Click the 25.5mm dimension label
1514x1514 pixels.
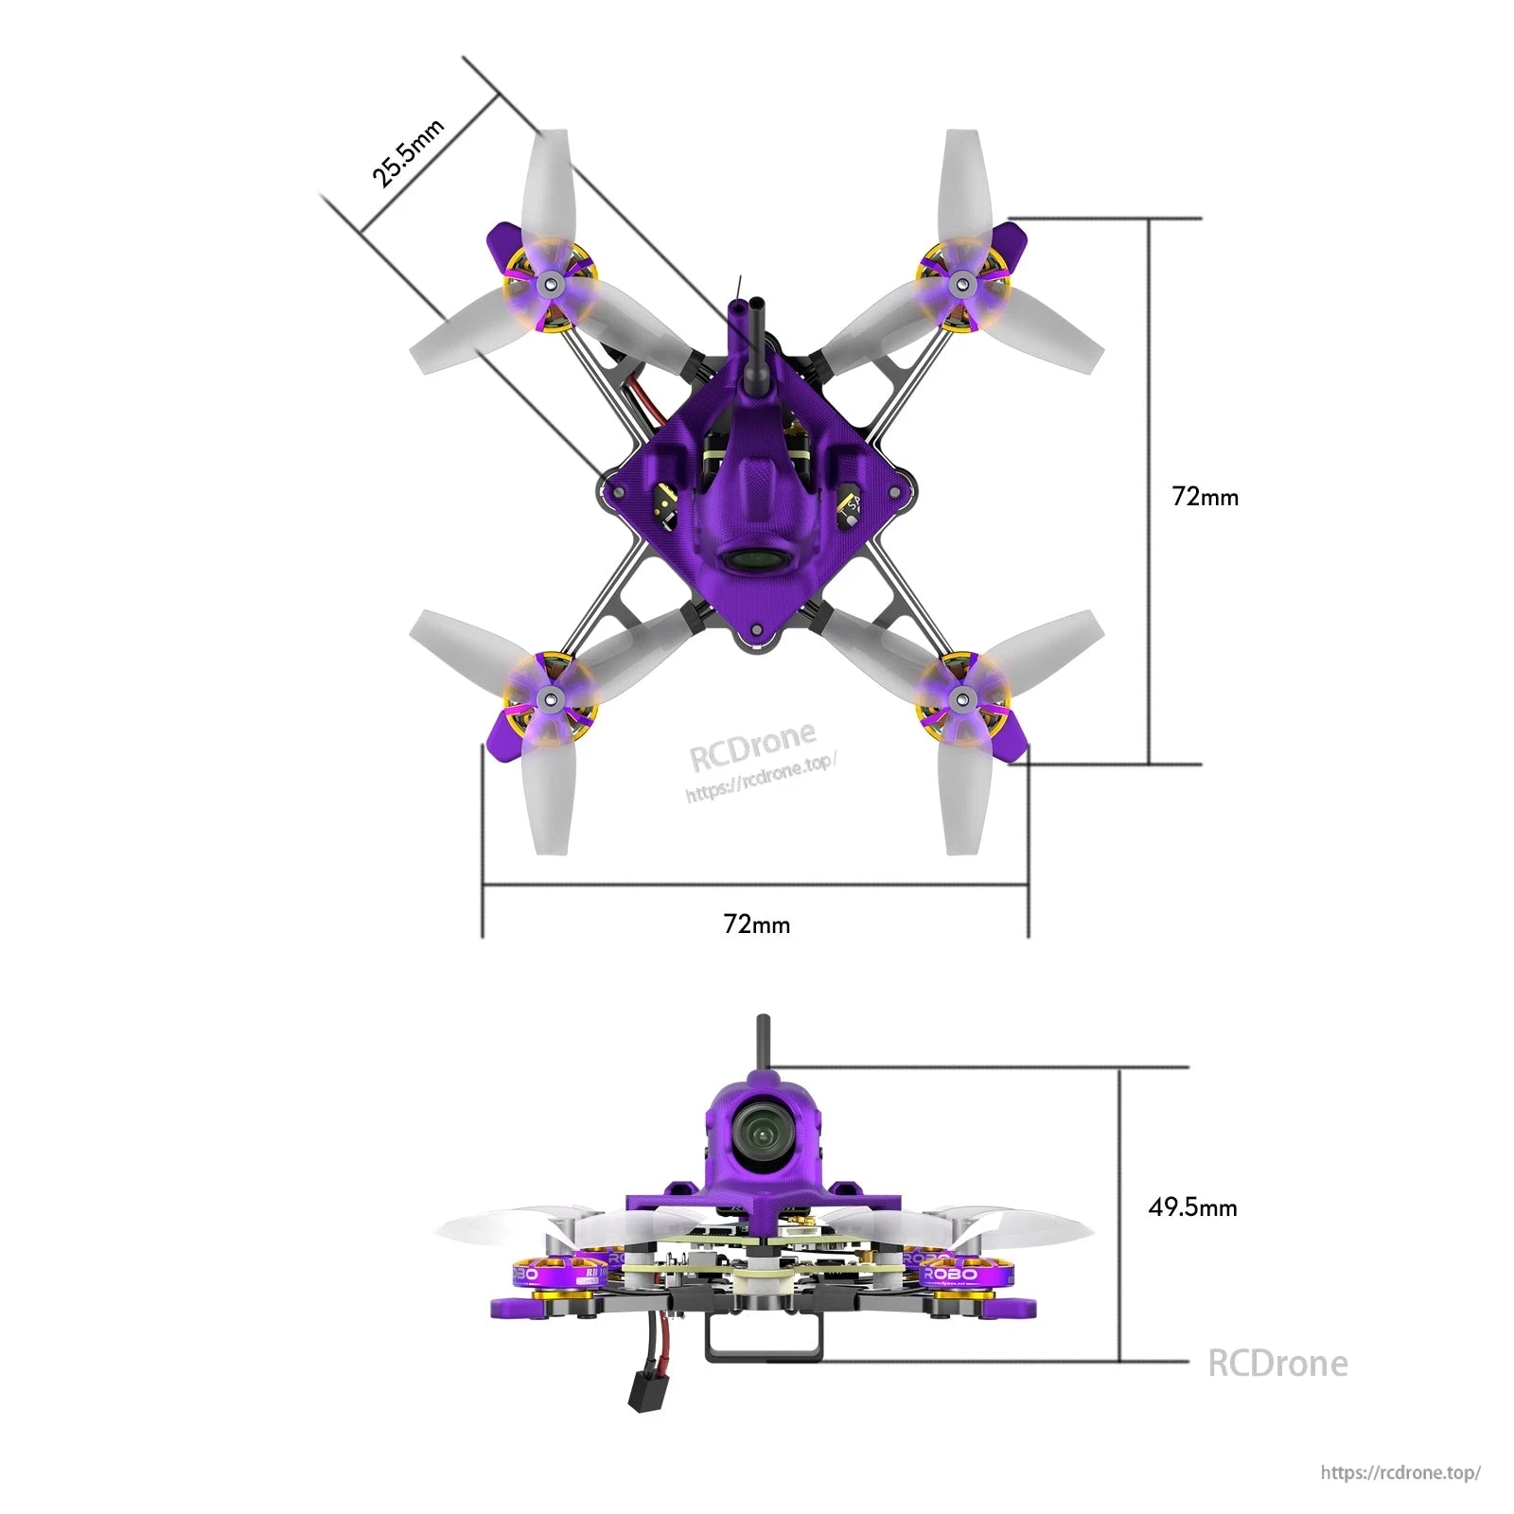pos(407,153)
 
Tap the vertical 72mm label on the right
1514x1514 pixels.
pos(1205,497)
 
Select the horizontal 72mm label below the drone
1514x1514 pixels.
pos(756,924)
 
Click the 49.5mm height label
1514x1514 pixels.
pos(1192,1206)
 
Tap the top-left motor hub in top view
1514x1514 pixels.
pos(548,283)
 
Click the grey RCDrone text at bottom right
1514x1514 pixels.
pos(1277,1364)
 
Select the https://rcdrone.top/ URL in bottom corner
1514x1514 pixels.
pos(1400,1472)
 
